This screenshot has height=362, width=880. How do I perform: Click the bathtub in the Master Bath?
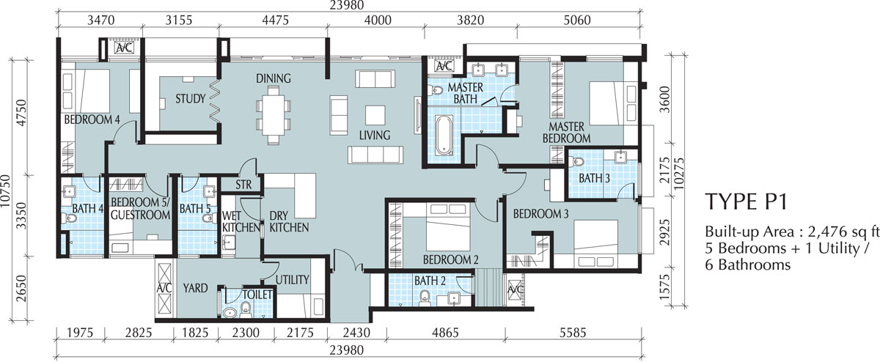(444, 135)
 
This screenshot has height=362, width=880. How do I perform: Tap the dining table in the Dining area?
(274, 115)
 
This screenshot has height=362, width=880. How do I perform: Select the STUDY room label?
(191, 98)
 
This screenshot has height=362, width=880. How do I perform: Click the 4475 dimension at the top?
(276, 20)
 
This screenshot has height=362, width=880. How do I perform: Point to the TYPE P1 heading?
(746, 202)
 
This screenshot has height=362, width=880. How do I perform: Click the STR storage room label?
(243, 184)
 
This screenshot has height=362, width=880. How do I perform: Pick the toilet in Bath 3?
(578, 162)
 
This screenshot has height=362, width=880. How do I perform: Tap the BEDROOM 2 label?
(450, 259)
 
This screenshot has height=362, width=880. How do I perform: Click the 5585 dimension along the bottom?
(573, 333)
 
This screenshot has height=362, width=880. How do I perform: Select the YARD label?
(195, 288)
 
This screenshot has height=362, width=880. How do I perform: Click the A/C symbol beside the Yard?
(164, 289)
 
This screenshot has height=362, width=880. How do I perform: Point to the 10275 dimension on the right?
(678, 173)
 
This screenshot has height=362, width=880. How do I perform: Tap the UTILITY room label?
(293, 279)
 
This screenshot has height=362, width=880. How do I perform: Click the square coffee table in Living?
(375, 115)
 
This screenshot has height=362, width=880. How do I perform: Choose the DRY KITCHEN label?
(289, 221)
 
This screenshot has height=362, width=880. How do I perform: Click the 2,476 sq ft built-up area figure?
(843, 232)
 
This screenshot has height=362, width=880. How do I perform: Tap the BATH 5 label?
(195, 208)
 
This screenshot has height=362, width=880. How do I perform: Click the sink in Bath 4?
(69, 191)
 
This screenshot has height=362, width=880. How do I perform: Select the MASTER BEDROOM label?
(566, 133)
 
